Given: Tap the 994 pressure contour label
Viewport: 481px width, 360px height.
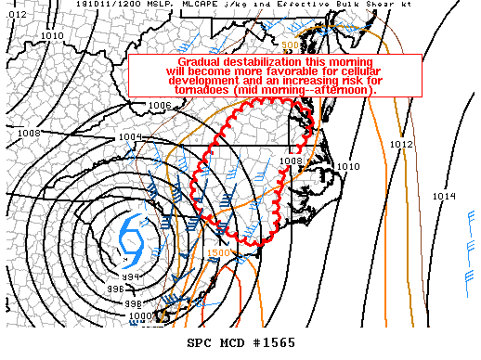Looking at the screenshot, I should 132,276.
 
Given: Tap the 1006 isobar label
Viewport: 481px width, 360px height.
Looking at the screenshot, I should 159,106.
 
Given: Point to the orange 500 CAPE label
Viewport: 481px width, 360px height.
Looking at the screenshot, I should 290,45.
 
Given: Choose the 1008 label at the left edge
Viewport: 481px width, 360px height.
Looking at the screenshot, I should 29,133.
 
